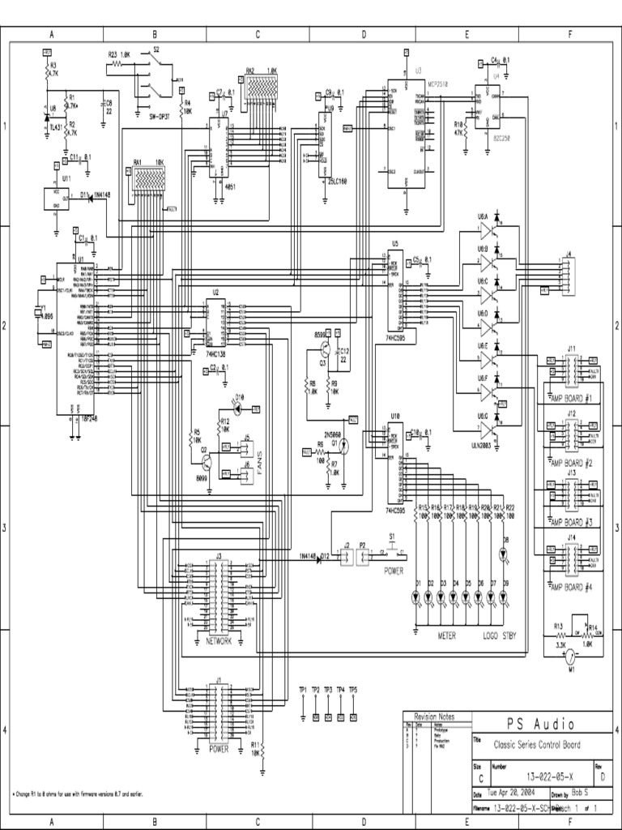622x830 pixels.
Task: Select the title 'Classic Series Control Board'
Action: tap(530, 745)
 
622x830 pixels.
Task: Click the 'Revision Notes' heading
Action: tap(434, 717)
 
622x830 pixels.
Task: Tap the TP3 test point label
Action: tap(328, 689)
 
